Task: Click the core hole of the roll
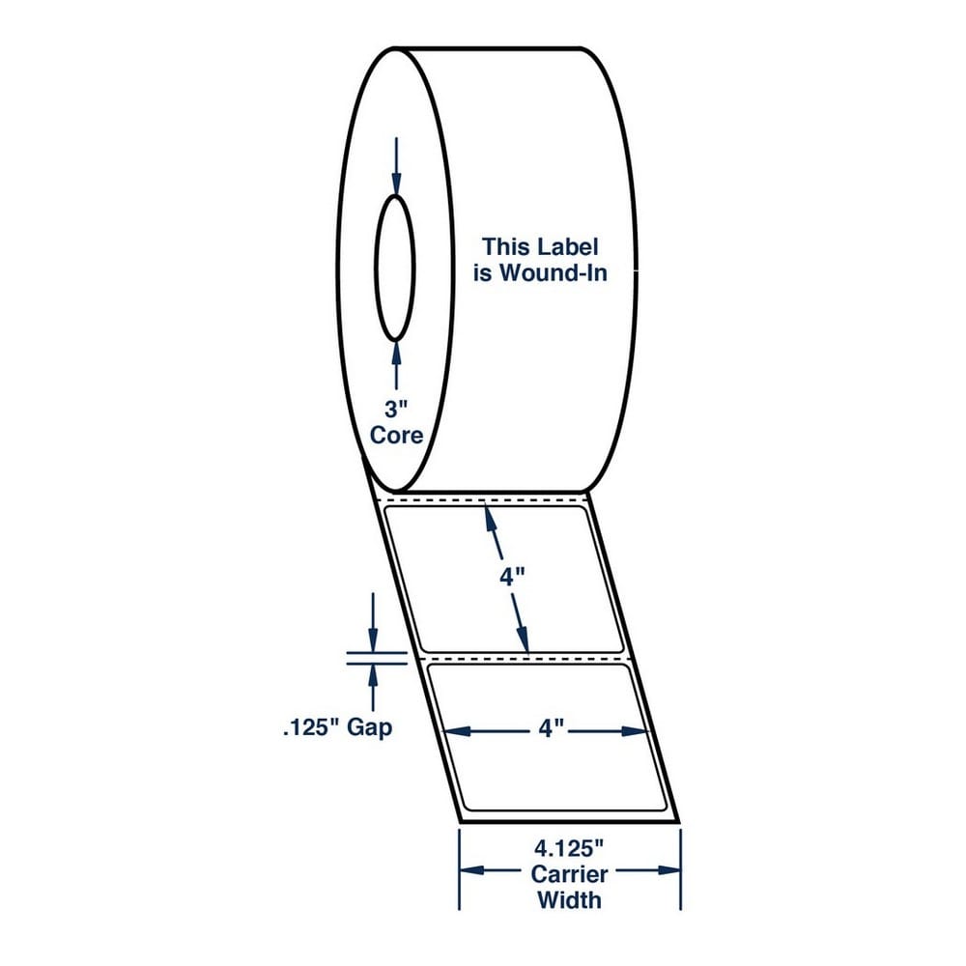pyautogui.click(x=395, y=269)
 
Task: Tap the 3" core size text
pyautogui.click(x=396, y=409)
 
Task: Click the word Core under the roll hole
pyautogui.click(x=397, y=436)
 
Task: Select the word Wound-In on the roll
pyautogui.click(x=553, y=272)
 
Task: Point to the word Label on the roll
pyautogui.click(x=567, y=247)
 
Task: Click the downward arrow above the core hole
pyautogui.click(x=396, y=166)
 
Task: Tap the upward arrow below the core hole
pyautogui.click(x=396, y=365)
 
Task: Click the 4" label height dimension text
pyautogui.click(x=512, y=578)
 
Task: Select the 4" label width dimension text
pyautogui.click(x=552, y=729)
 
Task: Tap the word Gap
pyautogui.click(x=369, y=728)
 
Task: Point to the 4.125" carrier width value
pyautogui.click(x=568, y=849)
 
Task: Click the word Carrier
pyautogui.click(x=570, y=874)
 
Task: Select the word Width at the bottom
pyautogui.click(x=569, y=900)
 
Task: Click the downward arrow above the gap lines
pyautogui.click(x=372, y=622)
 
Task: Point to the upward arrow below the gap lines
pyautogui.click(x=372, y=688)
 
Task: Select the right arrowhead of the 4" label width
pyautogui.click(x=636, y=731)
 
